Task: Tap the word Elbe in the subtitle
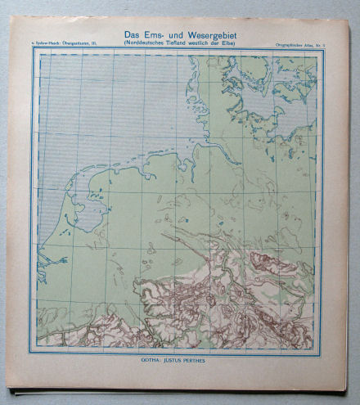232,42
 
